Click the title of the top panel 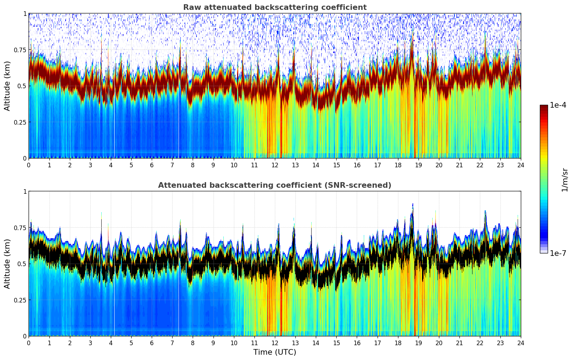click(x=275, y=7)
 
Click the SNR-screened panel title click(x=275, y=185)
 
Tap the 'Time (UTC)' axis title click(x=275, y=352)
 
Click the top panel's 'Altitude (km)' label click(x=7, y=86)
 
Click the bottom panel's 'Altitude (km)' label click(x=7, y=264)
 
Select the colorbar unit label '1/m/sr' click(x=564, y=179)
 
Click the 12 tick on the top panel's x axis click(x=275, y=165)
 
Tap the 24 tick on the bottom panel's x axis click(x=521, y=343)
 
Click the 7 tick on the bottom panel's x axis click(x=172, y=343)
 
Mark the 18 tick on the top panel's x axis click(x=398, y=165)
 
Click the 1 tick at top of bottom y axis click(x=25, y=192)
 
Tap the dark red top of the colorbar click(x=544, y=107)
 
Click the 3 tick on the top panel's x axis click(x=90, y=165)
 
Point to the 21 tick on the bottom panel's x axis click(x=459, y=343)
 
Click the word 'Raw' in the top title click(x=191, y=7)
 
